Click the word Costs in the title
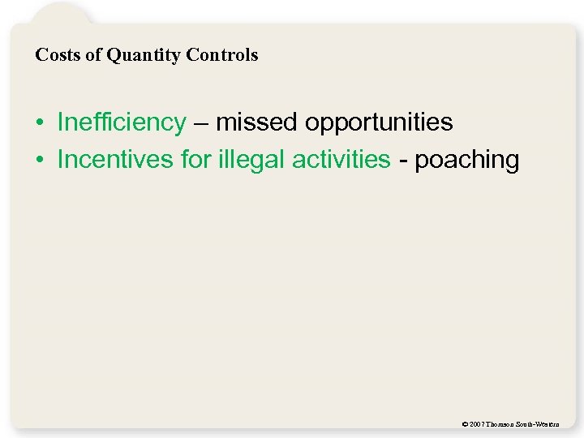54,55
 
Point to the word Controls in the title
221,55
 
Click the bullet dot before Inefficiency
39,123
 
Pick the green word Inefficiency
122,122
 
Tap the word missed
257,122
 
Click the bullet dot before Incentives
39,161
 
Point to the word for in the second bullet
196,160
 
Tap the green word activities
341,160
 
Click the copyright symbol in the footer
463,424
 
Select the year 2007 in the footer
477,424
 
